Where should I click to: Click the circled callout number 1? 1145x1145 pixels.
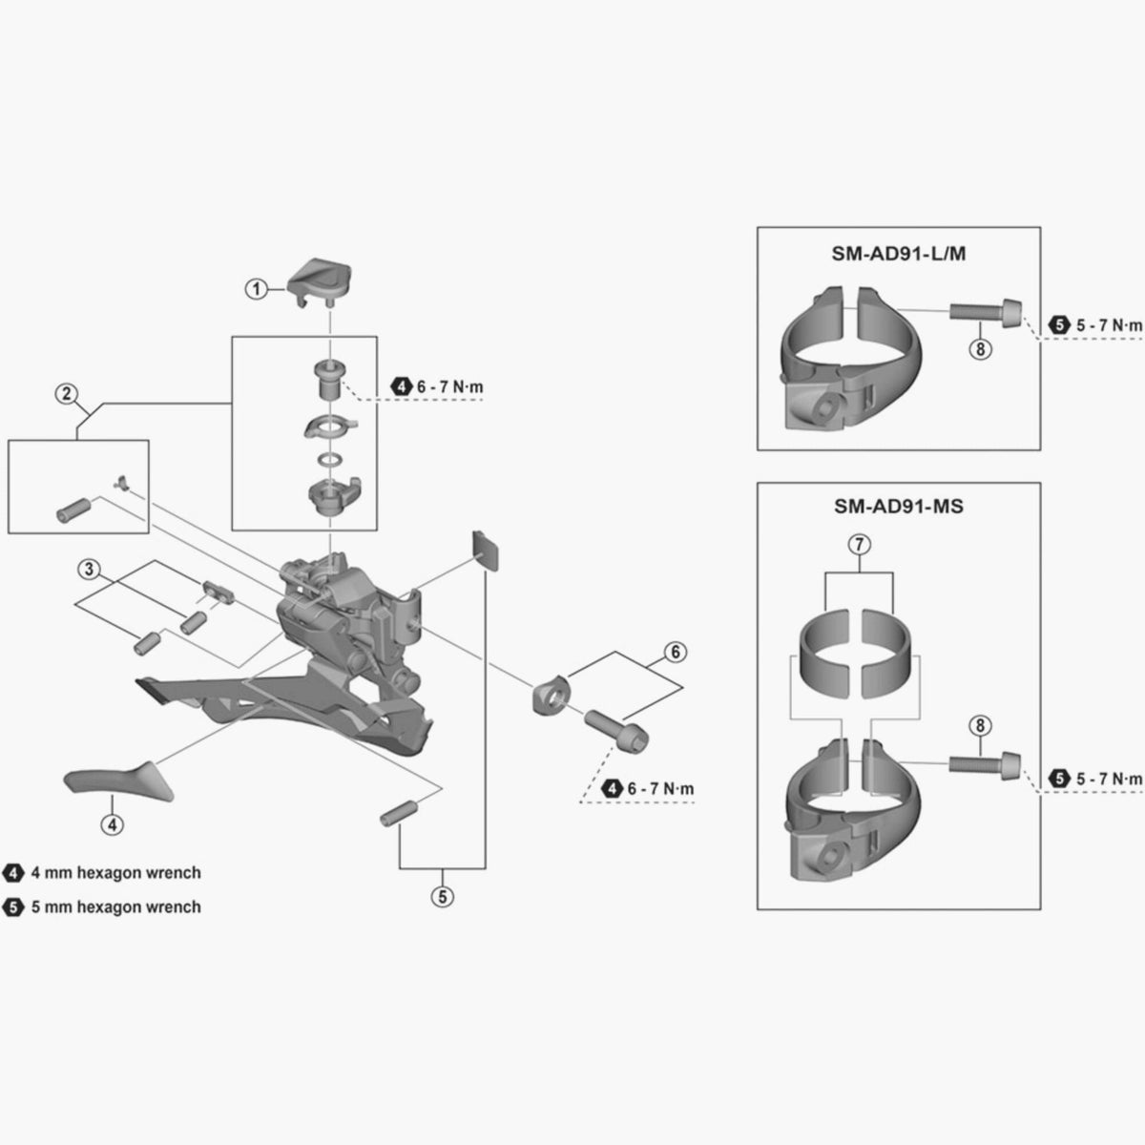click(x=256, y=289)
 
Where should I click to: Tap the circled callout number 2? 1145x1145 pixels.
click(x=66, y=393)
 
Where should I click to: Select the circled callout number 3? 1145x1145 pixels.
click(x=89, y=570)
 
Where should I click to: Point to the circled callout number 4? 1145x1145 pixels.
click(x=113, y=824)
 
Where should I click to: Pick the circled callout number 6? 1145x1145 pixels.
click(x=676, y=652)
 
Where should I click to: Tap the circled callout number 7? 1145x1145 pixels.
click(x=859, y=544)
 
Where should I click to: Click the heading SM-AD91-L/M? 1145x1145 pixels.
click(x=899, y=254)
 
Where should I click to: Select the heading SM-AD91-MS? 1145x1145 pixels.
click(x=899, y=507)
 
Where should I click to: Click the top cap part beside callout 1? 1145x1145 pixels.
click(x=320, y=281)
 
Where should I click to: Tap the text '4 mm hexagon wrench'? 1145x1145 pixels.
click(x=115, y=873)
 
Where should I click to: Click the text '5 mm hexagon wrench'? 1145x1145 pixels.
click(x=115, y=906)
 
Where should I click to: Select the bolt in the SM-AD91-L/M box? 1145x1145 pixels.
click(x=985, y=313)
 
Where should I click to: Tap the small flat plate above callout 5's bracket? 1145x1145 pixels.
click(x=486, y=551)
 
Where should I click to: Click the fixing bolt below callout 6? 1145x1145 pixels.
click(x=617, y=729)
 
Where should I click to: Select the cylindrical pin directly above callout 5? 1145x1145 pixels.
click(x=399, y=812)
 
